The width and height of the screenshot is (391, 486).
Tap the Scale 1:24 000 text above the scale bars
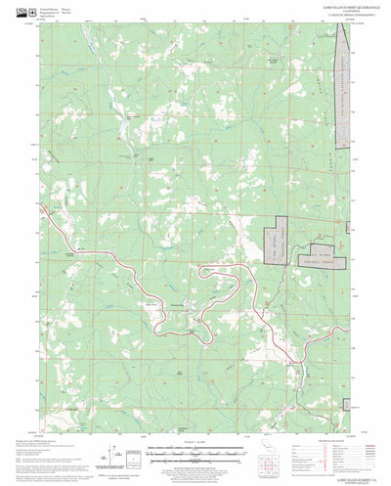point(195,415)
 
